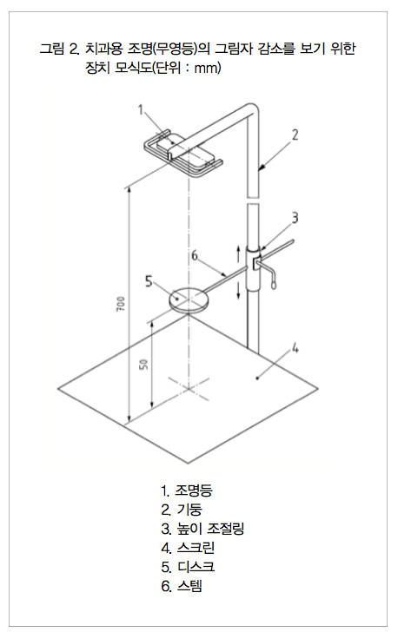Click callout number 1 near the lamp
pyautogui.click(x=141, y=109)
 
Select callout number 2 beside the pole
pyautogui.click(x=295, y=135)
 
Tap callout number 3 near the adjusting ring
pyautogui.click(x=295, y=218)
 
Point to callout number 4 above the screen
pyautogui.click(x=295, y=348)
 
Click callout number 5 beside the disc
pyautogui.click(x=149, y=281)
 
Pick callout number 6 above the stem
pyautogui.click(x=195, y=255)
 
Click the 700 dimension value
pyautogui.click(x=120, y=304)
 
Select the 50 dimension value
pyautogui.click(x=143, y=365)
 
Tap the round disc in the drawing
pyautogui.click(x=189, y=299)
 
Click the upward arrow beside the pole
pyautogui.click(x=239, y=253)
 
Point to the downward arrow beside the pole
pyautogui.click(x=239, y=290)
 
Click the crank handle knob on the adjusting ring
pyautogui.click(x=274, y=284)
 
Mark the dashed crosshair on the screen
pyautogui.click(x=189, y=389)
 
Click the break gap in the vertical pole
pyautogui.click(x=252, y=201)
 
